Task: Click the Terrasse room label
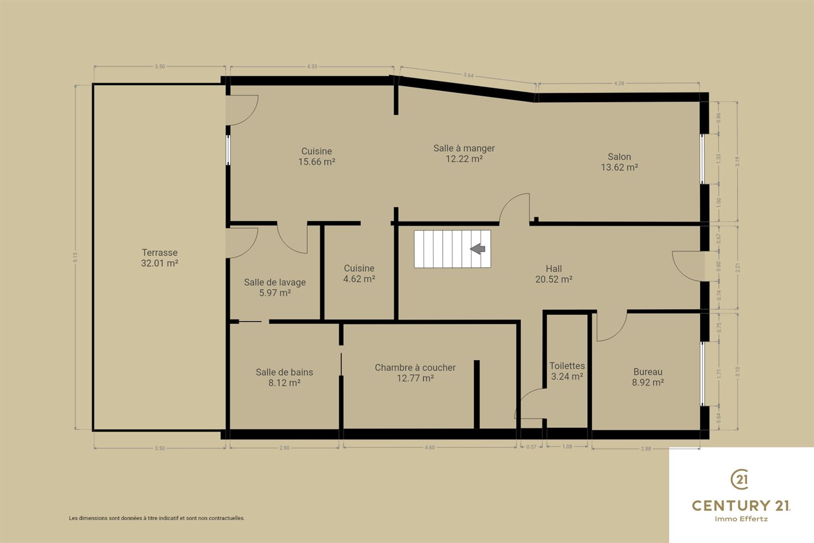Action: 159,252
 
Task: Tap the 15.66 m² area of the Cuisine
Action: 317,162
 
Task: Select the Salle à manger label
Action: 464,148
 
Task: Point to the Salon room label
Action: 619,157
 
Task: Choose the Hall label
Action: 554,269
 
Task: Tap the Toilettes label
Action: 567,366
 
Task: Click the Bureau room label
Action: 648,372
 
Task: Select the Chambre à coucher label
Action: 415,368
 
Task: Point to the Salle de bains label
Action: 284,372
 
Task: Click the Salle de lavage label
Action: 275,283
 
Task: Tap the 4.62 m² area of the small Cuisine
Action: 359,279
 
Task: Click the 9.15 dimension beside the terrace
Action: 75,257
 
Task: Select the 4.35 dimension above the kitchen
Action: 312,66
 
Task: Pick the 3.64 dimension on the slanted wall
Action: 468,75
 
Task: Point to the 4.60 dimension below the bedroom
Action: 430,447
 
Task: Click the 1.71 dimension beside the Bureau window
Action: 719,374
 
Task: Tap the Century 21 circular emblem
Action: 740,480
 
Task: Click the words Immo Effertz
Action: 741,519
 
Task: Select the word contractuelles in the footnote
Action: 227,518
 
